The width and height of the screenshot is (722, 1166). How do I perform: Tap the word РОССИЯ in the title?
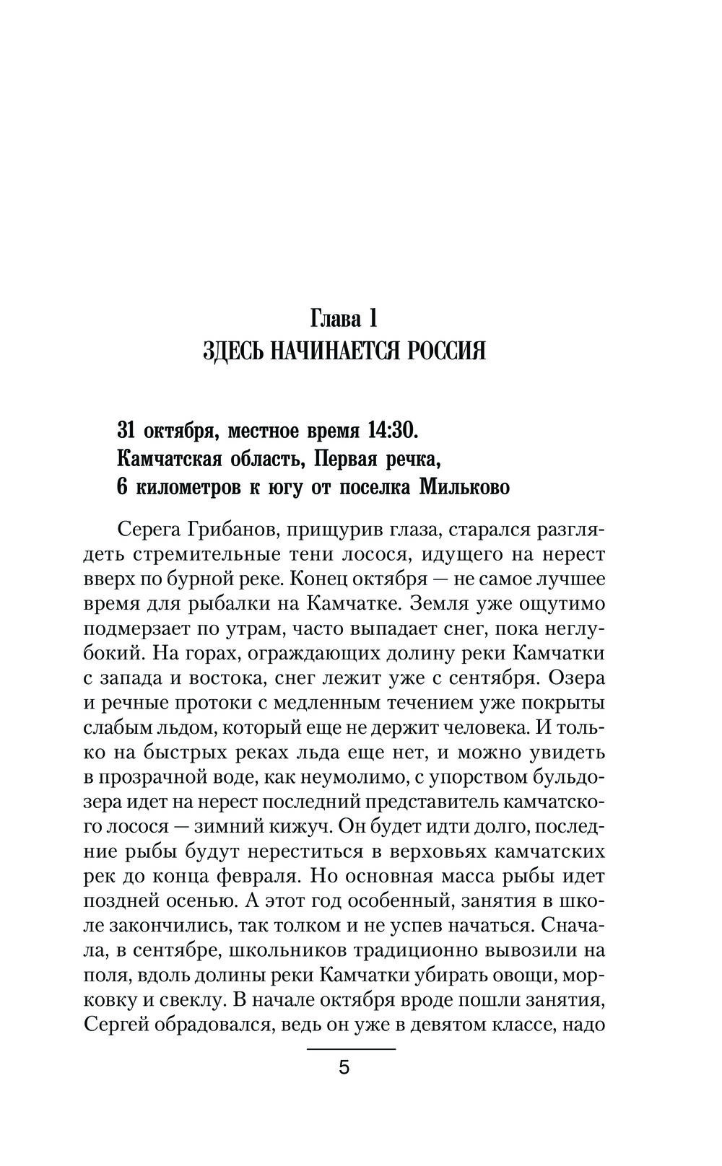click(440, 351)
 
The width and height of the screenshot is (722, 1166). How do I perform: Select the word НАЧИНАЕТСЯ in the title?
click(326, 351)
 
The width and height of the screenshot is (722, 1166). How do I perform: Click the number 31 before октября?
click(127, 431)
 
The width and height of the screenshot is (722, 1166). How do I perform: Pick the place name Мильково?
click(464, 487)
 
